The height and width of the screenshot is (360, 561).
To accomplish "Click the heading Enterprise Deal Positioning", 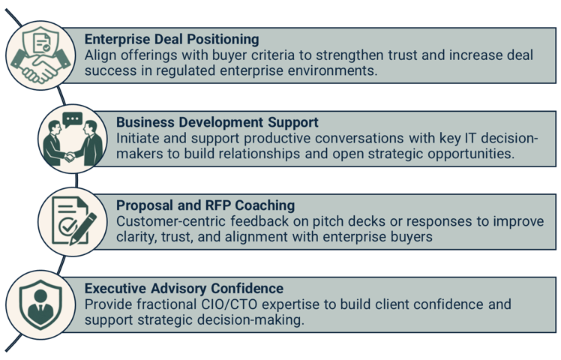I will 172,38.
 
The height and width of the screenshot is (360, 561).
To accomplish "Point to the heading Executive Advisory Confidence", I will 184,288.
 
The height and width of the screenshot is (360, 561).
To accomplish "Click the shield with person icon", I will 37,305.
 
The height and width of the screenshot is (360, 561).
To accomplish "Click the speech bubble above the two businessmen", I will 72,118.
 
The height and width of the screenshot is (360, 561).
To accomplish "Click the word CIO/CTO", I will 222,304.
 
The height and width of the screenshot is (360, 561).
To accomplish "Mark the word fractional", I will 162,304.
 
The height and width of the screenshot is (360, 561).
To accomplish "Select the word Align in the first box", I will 101,55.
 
